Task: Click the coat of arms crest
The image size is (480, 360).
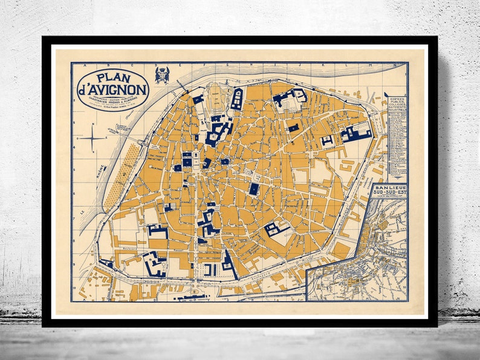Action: (161, 76)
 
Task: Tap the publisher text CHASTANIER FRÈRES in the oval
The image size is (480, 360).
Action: (112, 100)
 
